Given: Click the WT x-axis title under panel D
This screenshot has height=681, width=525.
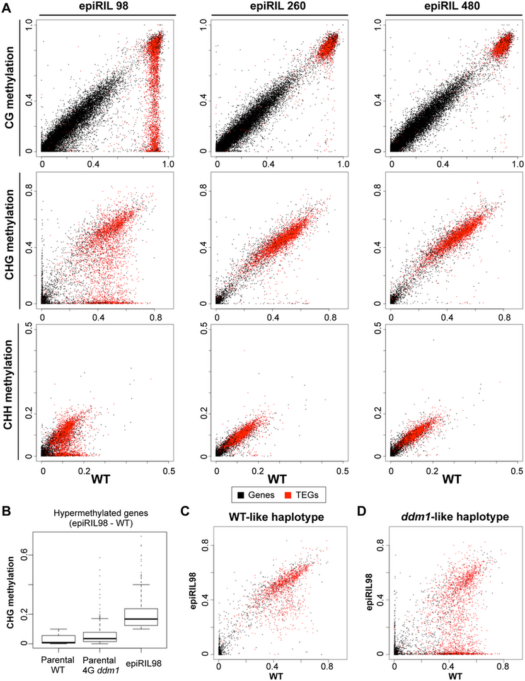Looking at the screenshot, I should pos(450,675).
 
